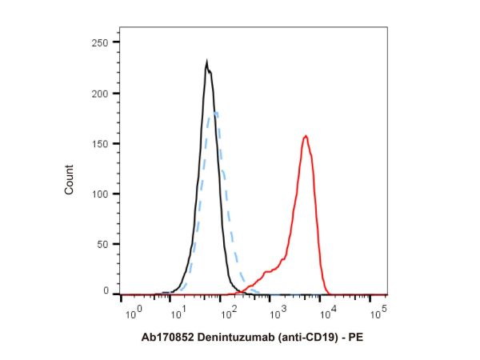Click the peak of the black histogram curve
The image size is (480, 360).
207,62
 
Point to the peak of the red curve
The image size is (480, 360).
306,136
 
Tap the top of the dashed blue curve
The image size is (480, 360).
214,112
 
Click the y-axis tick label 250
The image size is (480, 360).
101,42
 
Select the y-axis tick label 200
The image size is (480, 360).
101,94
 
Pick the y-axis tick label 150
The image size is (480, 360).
101,143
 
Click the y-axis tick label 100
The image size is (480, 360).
101,194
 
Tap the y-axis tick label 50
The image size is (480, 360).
104,243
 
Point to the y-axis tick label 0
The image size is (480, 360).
106,292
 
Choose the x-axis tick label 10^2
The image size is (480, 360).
231,309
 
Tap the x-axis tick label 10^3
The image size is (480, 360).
280,309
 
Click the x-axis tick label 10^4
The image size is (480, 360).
330,309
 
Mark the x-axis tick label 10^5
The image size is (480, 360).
378,309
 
